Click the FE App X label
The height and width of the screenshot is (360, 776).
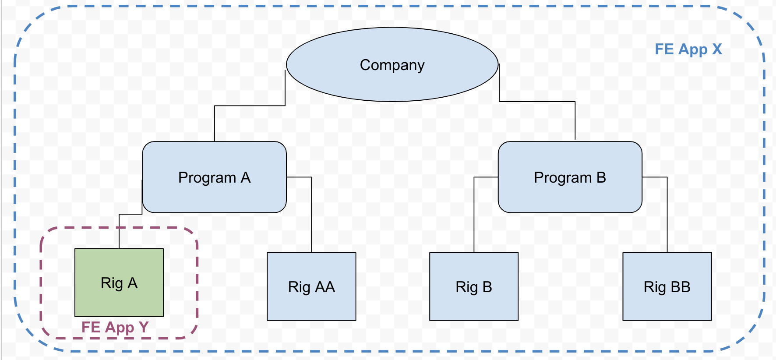(x=688, y=49)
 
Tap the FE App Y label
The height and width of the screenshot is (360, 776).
(x=115, y=327)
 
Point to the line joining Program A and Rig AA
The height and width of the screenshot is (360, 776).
(x=311, y=215)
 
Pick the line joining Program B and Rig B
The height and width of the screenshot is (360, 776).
(x=474, y=215)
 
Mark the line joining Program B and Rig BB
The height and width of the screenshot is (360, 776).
(x=667, y=215)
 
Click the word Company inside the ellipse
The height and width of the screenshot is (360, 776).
(x=392, y=65)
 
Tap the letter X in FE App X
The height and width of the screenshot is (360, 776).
(x=717, y=49)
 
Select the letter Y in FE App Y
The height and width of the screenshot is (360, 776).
(x=144, y=327)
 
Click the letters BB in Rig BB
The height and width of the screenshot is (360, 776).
(x=681, y=286)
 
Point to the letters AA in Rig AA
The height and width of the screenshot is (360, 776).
(x=325, y=286)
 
